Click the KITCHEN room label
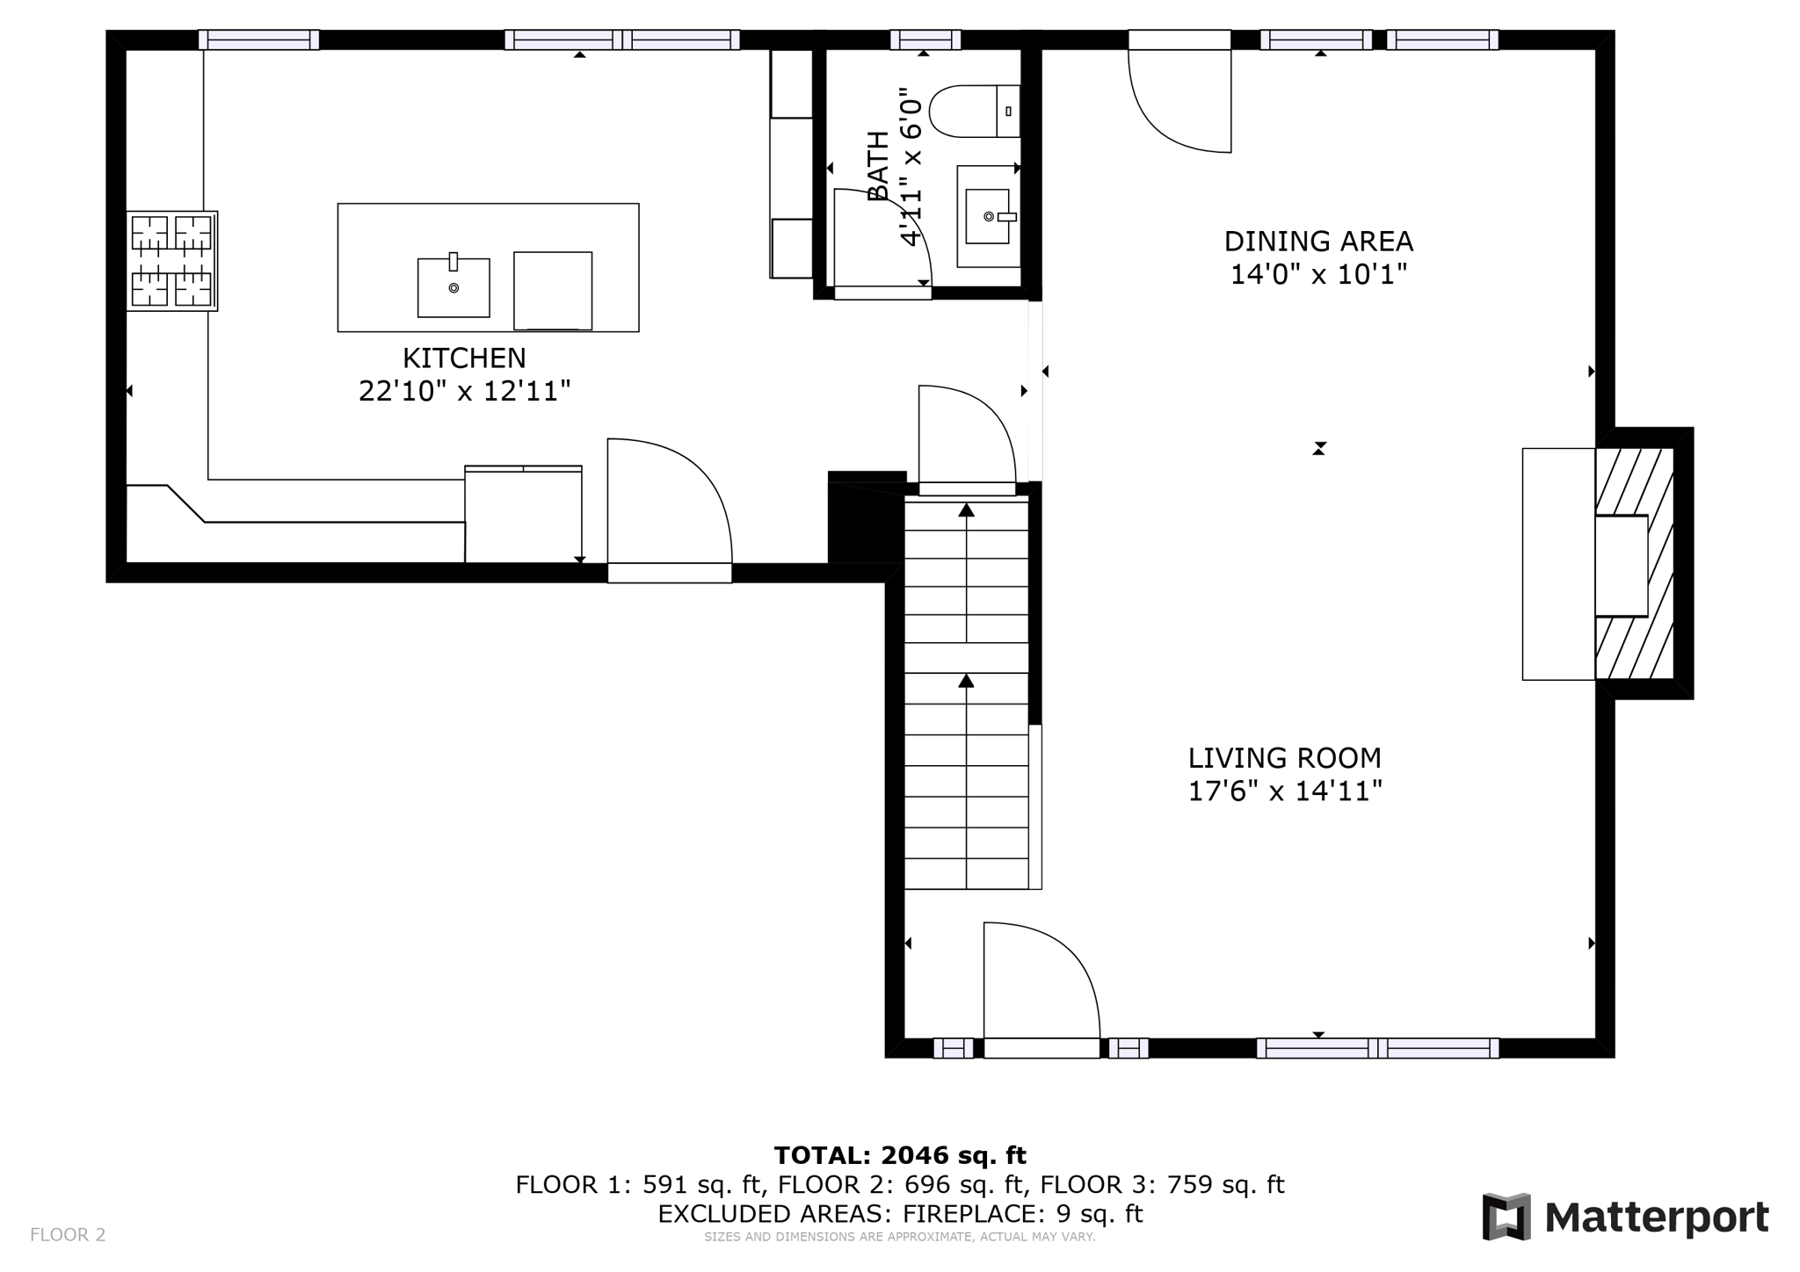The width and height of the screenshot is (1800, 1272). point(464,358)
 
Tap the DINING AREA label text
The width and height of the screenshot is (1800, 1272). point(1318,241)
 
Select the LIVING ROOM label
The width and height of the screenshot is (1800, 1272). point(1284,758)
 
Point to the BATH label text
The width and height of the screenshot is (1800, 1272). point(878,166)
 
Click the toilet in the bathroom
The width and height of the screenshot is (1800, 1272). point(974,112)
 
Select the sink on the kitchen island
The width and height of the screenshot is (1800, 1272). point(454,287)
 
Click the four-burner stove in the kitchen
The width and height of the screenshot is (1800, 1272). point(171,261)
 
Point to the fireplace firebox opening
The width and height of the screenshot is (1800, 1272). point(1622,566)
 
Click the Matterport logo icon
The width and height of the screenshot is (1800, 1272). point(1506,1217)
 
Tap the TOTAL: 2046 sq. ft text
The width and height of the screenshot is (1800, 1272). point(900,1155)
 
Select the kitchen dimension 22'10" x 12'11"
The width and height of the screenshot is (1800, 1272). point(464,392)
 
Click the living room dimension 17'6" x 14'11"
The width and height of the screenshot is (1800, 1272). point(1285,791)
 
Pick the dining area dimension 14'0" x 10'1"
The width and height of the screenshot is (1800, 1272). point(1318,275)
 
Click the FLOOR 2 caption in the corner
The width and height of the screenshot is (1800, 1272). point(68,1235)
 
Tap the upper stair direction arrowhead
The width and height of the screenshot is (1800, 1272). point(967,510)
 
